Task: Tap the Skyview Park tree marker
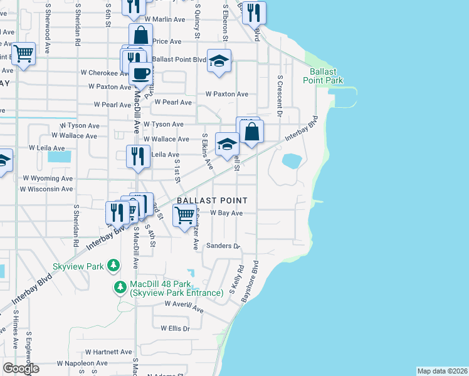(x=113, y=266)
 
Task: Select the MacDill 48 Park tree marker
(x=120, y=288)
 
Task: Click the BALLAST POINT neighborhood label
(x=211, y=201)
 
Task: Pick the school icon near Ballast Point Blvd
(x=219, y=60)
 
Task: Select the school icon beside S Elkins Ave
(x=227, y=144)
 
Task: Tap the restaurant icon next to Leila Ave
(x=138, y=156)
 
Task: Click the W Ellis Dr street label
(x=175, y=328)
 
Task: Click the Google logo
(x=21, y=368)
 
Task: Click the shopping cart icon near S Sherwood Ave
(x=23, y=54)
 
